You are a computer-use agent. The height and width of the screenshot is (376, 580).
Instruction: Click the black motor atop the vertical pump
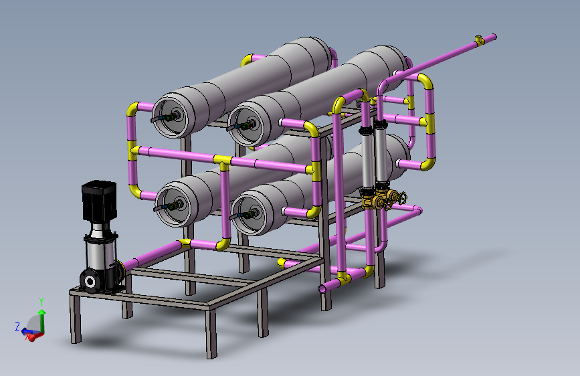[99, 201]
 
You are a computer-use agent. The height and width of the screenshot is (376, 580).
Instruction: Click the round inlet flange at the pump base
[90, 282]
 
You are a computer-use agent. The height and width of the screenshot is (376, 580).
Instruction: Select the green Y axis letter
[41, 302]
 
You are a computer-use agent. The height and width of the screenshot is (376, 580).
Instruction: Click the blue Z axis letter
[17, 327]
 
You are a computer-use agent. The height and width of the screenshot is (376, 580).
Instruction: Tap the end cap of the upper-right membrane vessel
[247, 124]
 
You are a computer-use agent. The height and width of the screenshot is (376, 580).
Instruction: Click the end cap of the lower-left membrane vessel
[173, 205]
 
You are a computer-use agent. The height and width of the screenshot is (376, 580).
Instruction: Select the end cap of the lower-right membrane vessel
[250, 215]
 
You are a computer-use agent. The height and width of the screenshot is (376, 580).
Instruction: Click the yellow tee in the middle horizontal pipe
[222, 162]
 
